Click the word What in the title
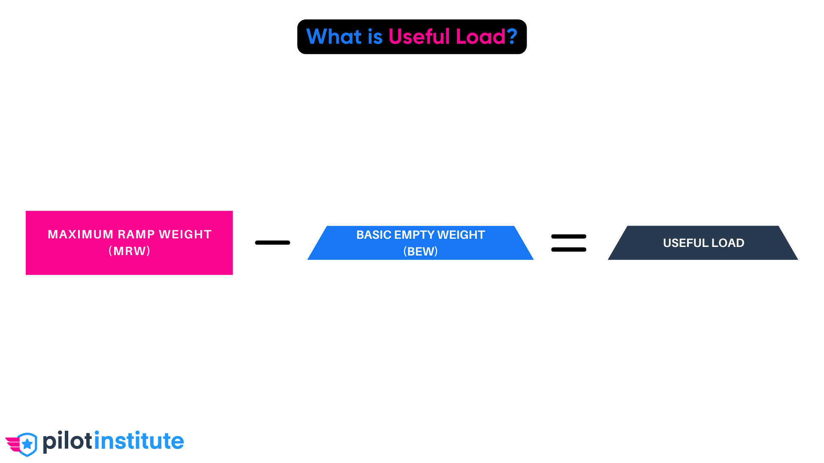point(334,36)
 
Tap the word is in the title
point(375,36)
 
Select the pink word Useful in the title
point(419,36)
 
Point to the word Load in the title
point(480,36)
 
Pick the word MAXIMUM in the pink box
point(80,235)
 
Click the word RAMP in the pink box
point(136,235)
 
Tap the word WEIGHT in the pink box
point(185,235)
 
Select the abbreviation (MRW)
point(129,251)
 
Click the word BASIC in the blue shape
point(373,235)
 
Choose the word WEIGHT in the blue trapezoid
point(461,235)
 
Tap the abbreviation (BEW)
point(420,251)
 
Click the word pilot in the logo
point(68,442)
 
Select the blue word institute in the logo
point(139,442)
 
